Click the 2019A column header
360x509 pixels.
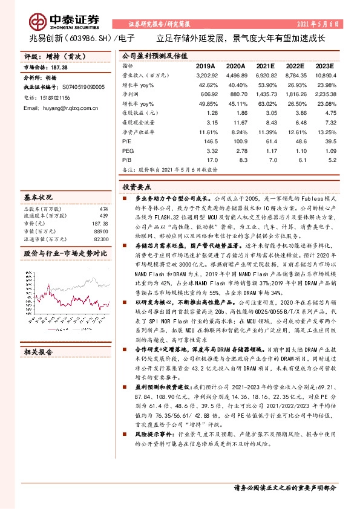coord(205,65)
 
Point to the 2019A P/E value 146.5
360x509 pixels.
coord(208,139)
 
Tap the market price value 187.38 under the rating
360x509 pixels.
coord(59,67)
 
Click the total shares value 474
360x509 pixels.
coord(103,209)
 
